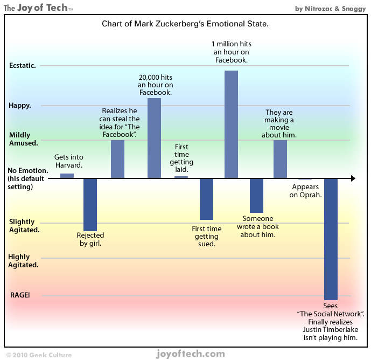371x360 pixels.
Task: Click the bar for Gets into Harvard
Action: tap(67, 176)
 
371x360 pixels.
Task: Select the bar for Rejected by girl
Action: tap(90, 204)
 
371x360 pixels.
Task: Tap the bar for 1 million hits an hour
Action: tap(231, 124)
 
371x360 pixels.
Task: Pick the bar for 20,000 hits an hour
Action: tap(154, 138)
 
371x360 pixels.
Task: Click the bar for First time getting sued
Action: tap(206, 199)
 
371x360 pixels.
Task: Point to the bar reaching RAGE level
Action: tap(331, 238)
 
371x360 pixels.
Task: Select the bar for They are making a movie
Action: tap(280, 159)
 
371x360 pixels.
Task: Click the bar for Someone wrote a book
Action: tap(256, 195)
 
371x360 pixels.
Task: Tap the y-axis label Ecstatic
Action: tap(23, 66)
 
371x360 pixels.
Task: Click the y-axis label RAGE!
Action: tap(20, 295)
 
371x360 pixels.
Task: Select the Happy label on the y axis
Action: tap(20, 106)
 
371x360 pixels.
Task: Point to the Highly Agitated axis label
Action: tap(24, 261)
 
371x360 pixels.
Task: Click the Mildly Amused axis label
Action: tap(23, 139)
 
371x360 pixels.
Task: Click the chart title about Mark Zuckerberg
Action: tap(185, 24)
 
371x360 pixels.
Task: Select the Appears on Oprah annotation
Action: tap(305, 191)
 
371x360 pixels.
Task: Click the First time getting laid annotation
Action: tap(181, 158)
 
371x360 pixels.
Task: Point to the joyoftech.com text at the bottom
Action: tap(190, 354)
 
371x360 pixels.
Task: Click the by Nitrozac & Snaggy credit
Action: tap(330, 9)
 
